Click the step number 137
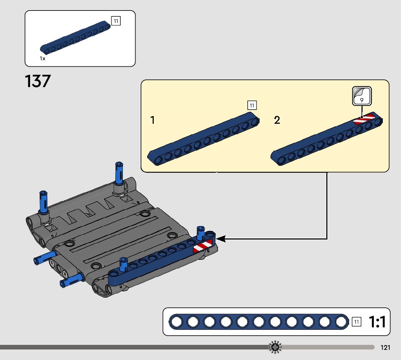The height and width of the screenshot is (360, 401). pyautogui.click(x=38, y=81)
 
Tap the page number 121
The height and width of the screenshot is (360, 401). pyautogui.click(x=385, y=348)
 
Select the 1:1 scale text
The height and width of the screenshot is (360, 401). pyautogui.click(x=377, y=322)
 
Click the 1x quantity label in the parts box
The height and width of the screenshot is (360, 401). pyautogui.click(x=42, y=58)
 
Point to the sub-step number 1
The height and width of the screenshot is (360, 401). pyautogui.click(x=153, y=120)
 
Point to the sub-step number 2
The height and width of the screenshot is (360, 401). pyautogui.click(x=277, y=120)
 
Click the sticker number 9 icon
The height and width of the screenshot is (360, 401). pyautogui.click(x=362, y=97)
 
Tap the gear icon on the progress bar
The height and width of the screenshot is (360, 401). pyautogui.click(x=275, y=347)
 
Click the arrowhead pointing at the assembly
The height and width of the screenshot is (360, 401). pyautogui.click(x=221, y=239)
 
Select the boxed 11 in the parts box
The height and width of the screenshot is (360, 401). pyautogui.click(x=116, y=21)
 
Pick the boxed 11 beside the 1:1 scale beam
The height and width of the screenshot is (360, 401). pyautogui.click(x=356, y=322)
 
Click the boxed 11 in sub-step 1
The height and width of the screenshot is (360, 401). pyautogui.click(x=252, y=105)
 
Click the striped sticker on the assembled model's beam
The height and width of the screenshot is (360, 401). pyautogui.click(x=203, y=246)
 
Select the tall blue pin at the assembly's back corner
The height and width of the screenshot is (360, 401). pyautogui.click(x=119, y=173)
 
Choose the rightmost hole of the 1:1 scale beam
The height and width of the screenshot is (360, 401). pyautogui.click(x=341, y=322)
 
